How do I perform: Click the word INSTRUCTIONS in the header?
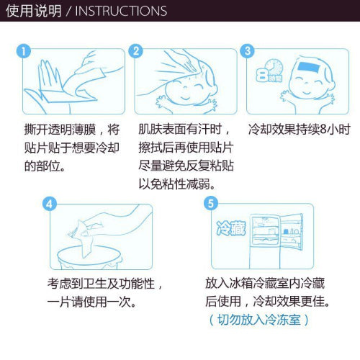(x=121, y=11)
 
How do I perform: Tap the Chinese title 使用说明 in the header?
(x=34, y=11)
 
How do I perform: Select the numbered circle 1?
(x=24, y=51)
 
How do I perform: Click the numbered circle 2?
(x=136, y=51)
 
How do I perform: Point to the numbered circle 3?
(x=248, y=51)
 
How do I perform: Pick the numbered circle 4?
(x=50, y=204)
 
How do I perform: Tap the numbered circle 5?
(x=211, y=203)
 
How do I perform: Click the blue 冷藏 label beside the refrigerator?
(x=231, y=228)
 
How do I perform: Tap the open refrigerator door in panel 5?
(x=291, y=232)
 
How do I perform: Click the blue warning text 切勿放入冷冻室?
(x=259, y=320)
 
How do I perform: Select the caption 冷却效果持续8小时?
(x=299, y=130)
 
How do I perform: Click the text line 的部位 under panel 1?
(x=45, y=166)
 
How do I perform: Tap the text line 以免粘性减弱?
(x=176, y=184)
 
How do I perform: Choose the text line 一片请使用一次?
(x=91, y=302)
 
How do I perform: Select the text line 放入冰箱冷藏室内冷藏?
(x=265, y=283)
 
